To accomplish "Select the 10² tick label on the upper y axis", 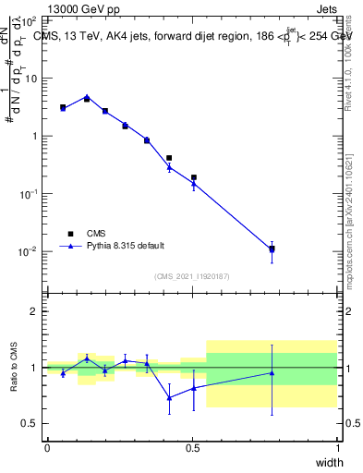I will tap(30, 20).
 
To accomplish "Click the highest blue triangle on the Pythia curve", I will tap(87, 96).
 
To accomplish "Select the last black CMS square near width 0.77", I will tap(272, 249).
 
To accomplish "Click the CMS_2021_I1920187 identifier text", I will tap(191, 276).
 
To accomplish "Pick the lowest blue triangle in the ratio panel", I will tap(169, 397).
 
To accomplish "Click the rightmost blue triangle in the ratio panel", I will tap(272, 373).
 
